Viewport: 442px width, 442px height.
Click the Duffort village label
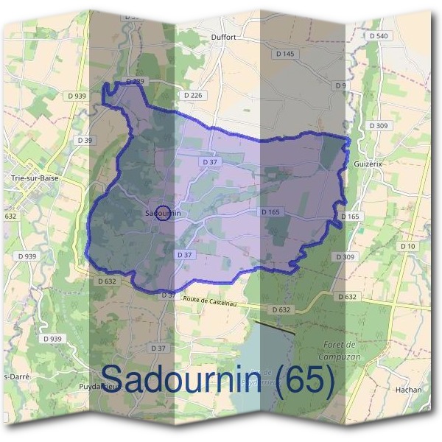222,36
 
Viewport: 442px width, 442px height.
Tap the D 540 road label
379,35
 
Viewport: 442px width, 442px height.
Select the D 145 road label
284,54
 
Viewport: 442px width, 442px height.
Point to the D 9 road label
340,86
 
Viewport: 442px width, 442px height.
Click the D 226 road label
193,96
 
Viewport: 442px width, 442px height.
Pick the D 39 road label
85,140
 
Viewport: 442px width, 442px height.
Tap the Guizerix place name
368,164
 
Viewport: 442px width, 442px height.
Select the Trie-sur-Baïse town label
35,178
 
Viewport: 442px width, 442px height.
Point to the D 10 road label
407,245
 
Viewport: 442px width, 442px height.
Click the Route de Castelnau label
211,298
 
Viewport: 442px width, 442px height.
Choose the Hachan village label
408,390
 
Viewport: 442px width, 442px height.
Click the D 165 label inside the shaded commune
270,212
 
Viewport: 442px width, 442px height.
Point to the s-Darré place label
16,376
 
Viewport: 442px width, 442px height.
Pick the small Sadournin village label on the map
163,214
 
